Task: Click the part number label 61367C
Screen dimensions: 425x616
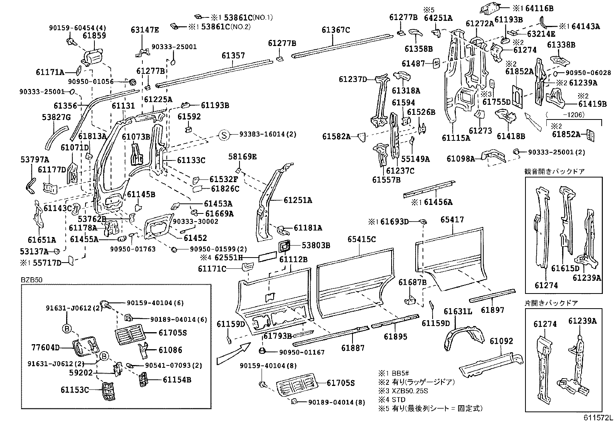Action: click(335, 30)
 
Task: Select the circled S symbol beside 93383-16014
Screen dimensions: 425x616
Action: click(224, 135)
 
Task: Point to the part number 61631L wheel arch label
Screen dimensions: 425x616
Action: click(458, 312)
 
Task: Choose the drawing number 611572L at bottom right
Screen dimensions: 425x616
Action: click(599, 418)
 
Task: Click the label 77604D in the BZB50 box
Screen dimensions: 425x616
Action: click(45, 347)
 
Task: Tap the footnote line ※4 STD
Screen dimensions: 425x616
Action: click(392, 399)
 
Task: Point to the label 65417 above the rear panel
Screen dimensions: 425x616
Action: click(452, 220)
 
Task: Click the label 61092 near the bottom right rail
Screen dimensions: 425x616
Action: click(501, 341)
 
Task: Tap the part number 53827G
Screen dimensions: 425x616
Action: click(56, 117)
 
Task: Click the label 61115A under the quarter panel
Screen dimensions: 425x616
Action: click(455, 137)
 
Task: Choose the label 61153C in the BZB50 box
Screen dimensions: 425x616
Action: click(74, 390)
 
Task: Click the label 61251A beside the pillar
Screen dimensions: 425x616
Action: click(298, 200)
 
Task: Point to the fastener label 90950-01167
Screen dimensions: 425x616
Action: click(301, 352)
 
